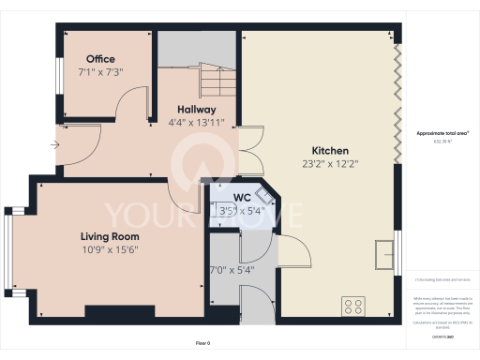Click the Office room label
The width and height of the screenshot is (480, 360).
[x=100, y=59]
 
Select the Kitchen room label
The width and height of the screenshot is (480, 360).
[x=330, y=150]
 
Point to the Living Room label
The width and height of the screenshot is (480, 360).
[x=110, y=236]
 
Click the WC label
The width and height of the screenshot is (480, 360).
[x=241, y=198]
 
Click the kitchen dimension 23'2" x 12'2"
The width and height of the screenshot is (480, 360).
[x=330, y=163]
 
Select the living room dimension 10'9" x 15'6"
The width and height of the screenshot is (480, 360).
[x=110, y=249]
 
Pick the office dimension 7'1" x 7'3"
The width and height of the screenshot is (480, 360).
[x=101, y=71]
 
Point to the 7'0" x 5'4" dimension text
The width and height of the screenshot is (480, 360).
[x=231, y=270]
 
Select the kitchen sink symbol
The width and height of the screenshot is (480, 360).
[x=384, y=253]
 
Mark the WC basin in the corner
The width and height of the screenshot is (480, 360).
[x=265, y=195]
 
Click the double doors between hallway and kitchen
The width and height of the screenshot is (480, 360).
[x=249, y=150]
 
